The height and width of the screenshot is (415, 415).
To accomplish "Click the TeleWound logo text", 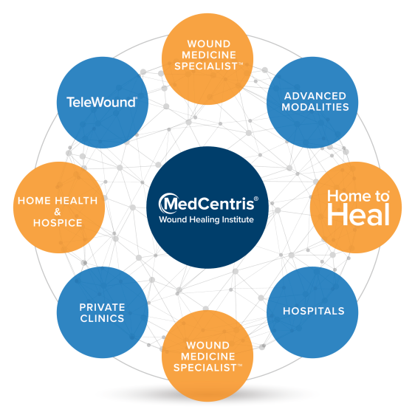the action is click(x=101, y=102).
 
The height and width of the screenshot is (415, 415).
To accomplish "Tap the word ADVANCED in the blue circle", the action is click(x=315, y=96).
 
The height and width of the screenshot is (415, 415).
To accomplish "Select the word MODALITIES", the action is click(x=315, y=107).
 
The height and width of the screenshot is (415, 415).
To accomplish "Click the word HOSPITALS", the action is click(x=314, y=311).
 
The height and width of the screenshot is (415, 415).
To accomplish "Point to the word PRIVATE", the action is click(x=102, y=307).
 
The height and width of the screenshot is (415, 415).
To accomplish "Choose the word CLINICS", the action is click(x=102, y=318).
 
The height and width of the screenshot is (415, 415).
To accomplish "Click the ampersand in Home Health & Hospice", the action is click(x=58, y=212).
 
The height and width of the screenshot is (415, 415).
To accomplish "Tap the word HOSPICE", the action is click(x=58, y=223).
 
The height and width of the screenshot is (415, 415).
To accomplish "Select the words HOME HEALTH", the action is click(x=58, y=201).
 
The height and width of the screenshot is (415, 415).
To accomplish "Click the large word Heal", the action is click(x=358, y=214).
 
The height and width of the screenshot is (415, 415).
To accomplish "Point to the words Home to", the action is click(x=358, y=196).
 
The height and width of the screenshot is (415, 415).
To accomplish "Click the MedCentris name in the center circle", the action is click(x=209, y=204).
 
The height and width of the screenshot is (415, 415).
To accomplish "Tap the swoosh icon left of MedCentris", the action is click(x=164, y=203).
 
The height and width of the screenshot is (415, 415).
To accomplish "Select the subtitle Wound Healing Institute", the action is click(x=207, y=219).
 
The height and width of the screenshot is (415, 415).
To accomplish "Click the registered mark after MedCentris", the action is click(x=256, y=199).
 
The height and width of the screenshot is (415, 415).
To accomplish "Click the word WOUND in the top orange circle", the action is click(x=209, y=44).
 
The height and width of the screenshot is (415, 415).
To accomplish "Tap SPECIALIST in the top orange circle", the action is click(x=206, y=66).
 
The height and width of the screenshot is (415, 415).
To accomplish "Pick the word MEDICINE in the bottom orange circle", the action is click(x=208, y=357).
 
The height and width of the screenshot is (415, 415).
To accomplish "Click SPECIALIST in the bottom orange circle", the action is click(x=205, y=368).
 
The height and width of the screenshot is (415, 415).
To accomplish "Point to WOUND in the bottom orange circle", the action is click(x=208, y=346).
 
